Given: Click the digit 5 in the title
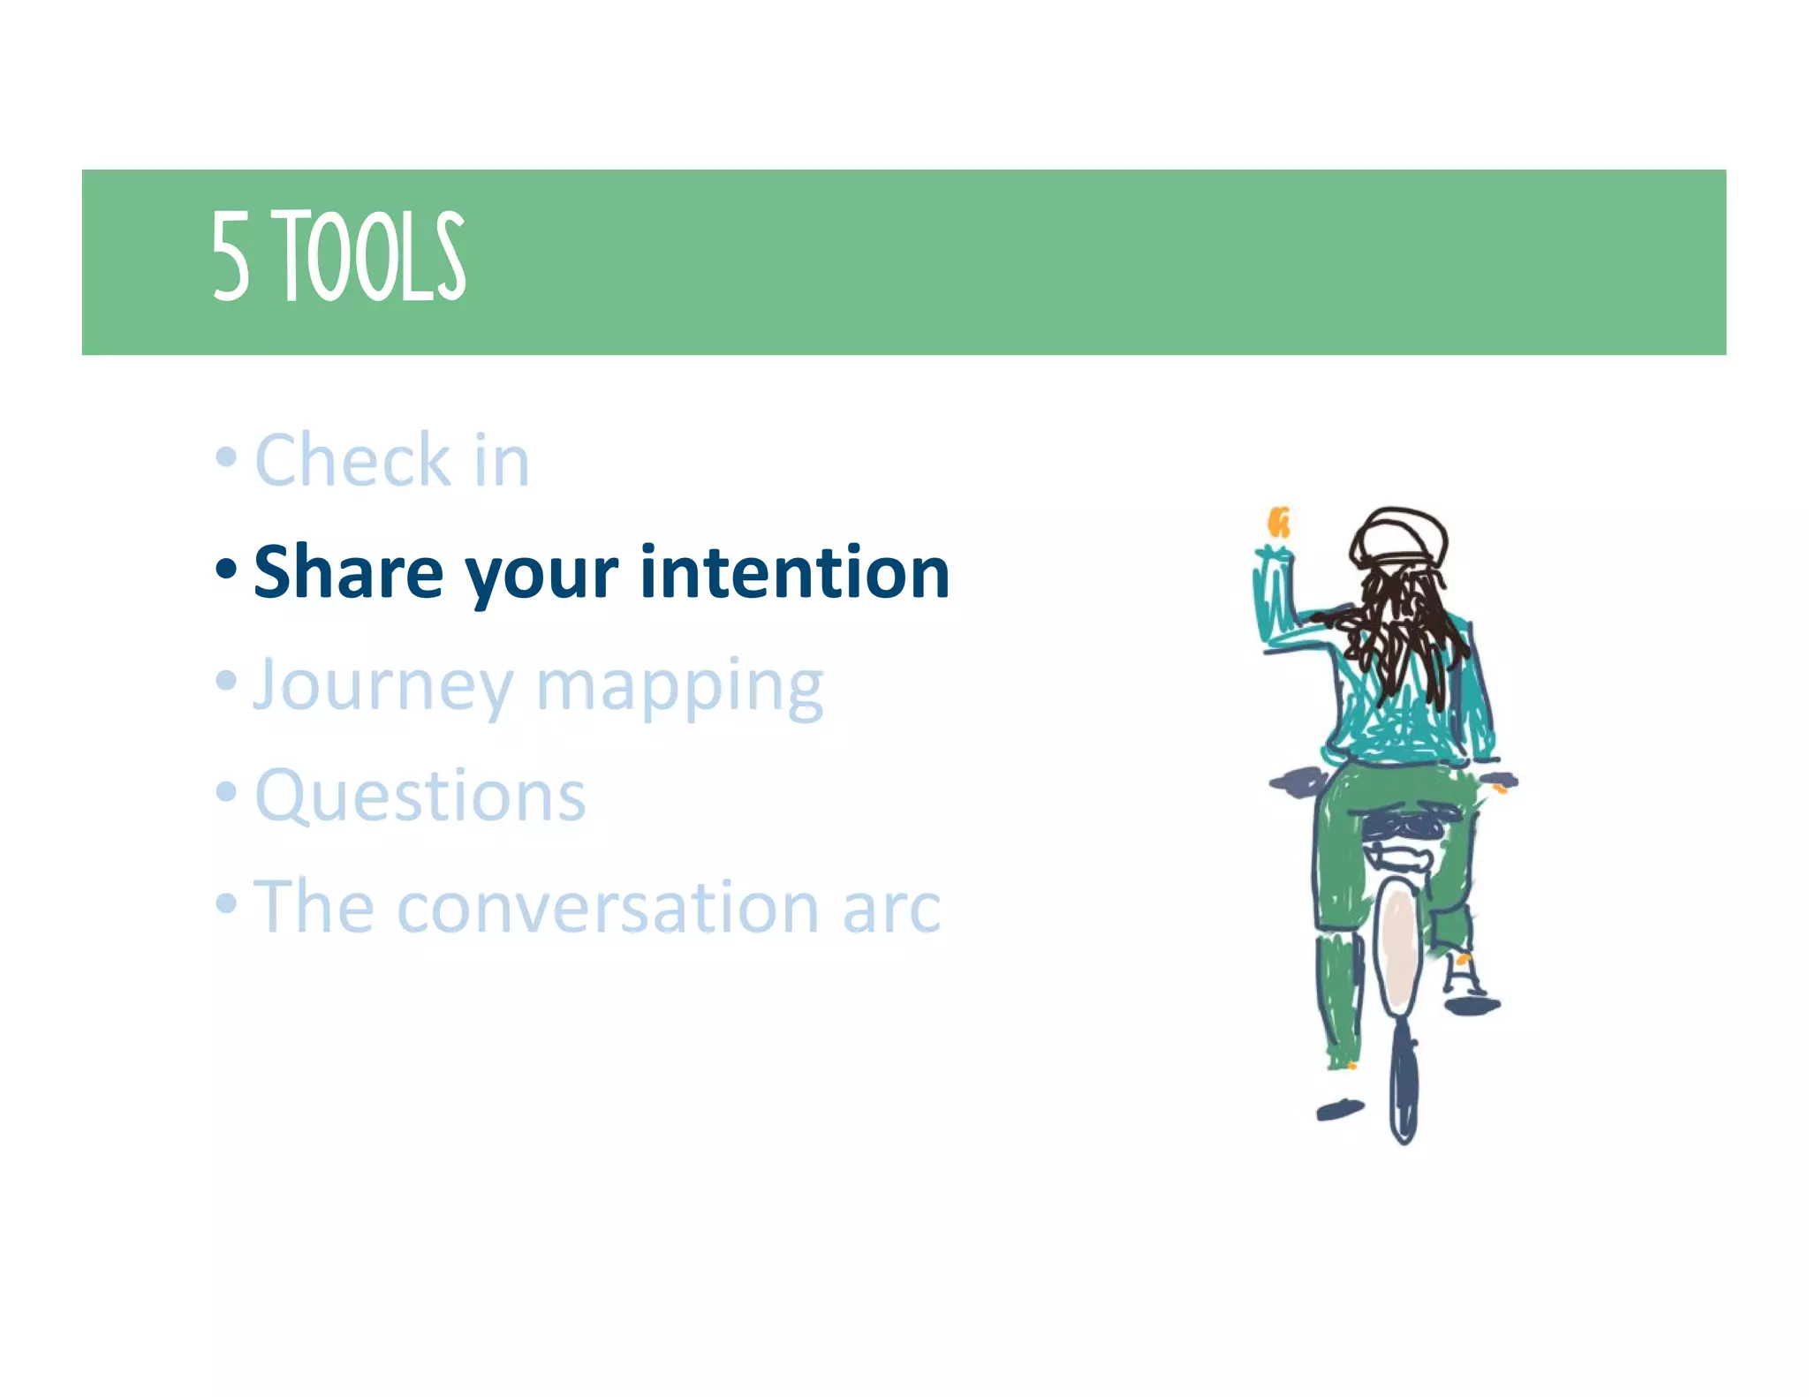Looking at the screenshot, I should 231,257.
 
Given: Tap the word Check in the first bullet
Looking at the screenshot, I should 352,460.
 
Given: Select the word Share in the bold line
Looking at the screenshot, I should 348,572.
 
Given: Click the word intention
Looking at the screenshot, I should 794,572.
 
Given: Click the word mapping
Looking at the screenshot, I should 679,686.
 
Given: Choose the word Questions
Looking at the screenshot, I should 420,796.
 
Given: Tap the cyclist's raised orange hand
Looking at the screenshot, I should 1278,522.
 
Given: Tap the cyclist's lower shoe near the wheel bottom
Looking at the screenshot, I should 1339,1109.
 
